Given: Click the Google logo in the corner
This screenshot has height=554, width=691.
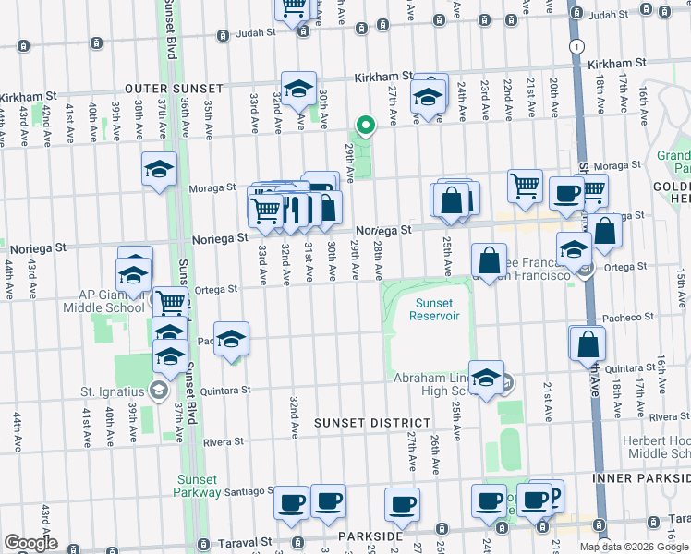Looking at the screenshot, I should click(30, 543).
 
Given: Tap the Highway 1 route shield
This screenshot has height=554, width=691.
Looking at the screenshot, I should click(576, 45).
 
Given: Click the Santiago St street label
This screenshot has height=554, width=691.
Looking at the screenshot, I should click(248, 492).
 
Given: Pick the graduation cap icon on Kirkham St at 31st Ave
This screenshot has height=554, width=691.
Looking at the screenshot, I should click(298, 89).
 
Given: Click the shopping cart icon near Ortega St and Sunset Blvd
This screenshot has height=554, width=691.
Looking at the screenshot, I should click(170, 301).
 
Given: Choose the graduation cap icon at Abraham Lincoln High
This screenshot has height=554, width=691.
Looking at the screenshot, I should click(486, 376).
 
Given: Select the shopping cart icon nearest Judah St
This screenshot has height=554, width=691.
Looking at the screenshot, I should click(293, 7).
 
